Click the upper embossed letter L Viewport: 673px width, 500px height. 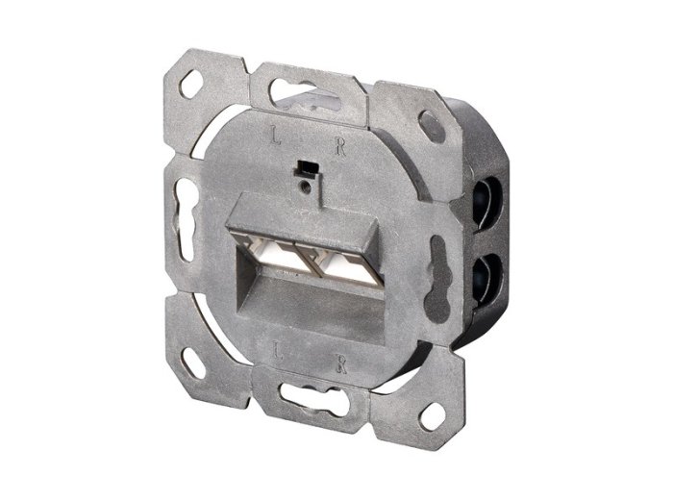coord(275,134)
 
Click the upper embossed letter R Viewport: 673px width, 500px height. coord(340,147)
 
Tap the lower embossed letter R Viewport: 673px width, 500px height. coord(341,363)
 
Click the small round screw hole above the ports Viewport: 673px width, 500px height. coord(305,186)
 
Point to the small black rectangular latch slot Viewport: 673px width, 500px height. coord(307,167)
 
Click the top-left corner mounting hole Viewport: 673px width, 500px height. coord(191,84)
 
